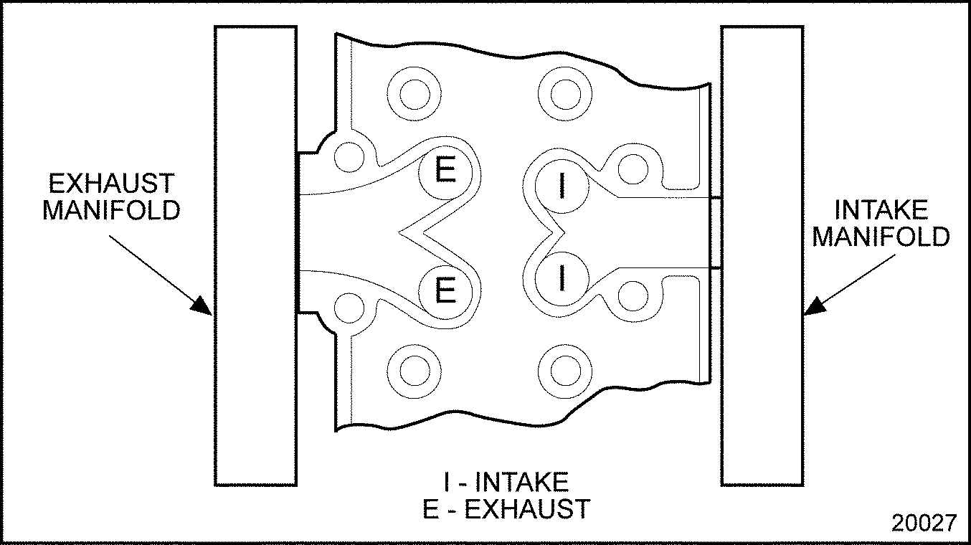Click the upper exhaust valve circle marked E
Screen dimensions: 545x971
point(445,172)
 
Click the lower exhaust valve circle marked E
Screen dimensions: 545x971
point(445,291)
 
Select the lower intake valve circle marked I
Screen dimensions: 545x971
point(562,277)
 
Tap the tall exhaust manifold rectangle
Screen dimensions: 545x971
point(256,255)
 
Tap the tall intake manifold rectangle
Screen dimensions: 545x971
point(762,255)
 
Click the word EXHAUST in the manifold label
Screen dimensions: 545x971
point(112,184)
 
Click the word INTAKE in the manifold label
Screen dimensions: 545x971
point(881,210)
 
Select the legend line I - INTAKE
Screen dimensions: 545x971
point(506,481)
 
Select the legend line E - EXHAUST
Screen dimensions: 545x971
point(506,508)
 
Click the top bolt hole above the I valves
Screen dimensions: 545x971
point(564,94)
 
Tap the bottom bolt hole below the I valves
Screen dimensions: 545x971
point(564,370)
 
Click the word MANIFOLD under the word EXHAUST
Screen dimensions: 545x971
point(112,211)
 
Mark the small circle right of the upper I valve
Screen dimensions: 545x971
point(632,168)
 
